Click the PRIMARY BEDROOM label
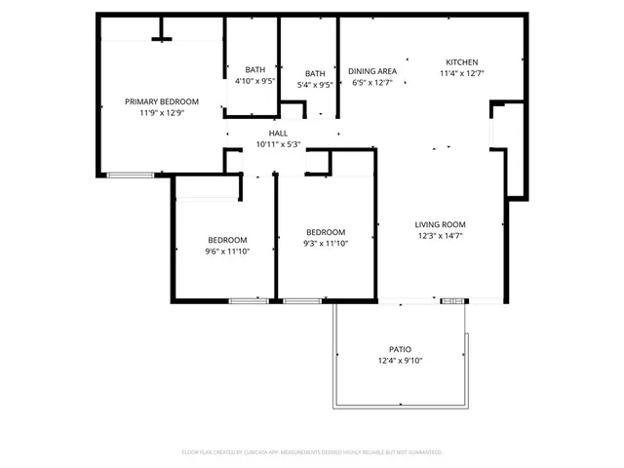click(162, 101)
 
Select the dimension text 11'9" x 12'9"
click(162, 113)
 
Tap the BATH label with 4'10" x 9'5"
click(254, 70)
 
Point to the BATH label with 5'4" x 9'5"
click(315, 73)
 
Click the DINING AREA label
click(372, 71)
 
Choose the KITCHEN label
click(461, 61)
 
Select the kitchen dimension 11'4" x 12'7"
click(461, 73)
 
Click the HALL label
click(278, 133)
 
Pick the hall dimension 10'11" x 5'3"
click(278, 144)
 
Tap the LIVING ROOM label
click(440, 223)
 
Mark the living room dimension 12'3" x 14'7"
click(440, 235)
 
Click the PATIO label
click(400, 348)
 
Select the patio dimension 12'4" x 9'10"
click(400, 360)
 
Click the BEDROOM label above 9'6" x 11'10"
click(226, 240)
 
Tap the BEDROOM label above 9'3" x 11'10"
click(326, 232)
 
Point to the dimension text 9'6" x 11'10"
click(226, 252)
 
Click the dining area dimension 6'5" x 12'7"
click(372, 83)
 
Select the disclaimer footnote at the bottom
click(312, 452)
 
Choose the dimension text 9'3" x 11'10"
click(326, 244)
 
